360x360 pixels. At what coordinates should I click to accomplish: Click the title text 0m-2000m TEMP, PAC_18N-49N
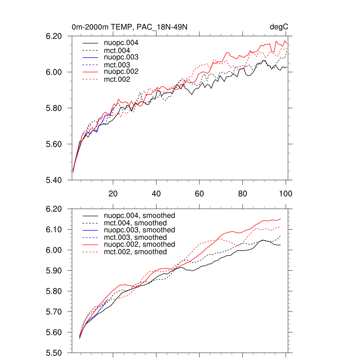click(131, 27)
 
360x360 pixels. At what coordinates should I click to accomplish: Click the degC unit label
click(279, 27)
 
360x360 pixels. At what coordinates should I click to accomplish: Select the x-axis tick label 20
click(113, 194)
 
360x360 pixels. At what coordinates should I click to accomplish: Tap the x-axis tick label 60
click(199, 194)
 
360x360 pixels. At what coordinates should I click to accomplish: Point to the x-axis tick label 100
click(285, 194)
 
